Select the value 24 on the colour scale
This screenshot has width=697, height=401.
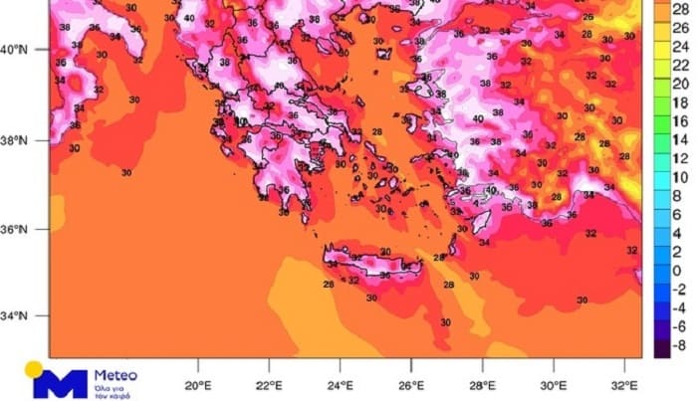681,46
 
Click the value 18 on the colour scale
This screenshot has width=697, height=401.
681,102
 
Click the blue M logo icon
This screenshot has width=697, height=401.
58,381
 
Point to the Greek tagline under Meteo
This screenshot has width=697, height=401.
112,389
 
